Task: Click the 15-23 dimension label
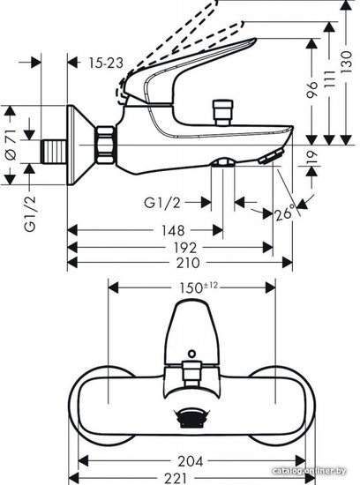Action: (x=106, y=63)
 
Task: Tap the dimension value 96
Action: (x=311, y=90)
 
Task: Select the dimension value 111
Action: (x=330, y=78)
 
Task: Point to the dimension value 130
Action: (x=347, y=62)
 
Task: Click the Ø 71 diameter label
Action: (x=11, y=145)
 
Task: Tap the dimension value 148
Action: (x=173, y=231)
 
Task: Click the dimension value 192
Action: (x=184, y=248)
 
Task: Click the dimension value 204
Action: (x=191, y=461)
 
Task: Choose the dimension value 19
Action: (x=311, y=158)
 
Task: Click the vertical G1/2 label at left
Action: (x=30, y=214)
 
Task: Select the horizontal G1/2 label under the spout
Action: (x=162, y=203)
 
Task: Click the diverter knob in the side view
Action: (x=223, y=113)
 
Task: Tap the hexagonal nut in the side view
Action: (x=105, y=145)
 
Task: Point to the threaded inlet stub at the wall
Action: (x=54, y=152)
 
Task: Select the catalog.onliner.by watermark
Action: (x=309, y=471)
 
